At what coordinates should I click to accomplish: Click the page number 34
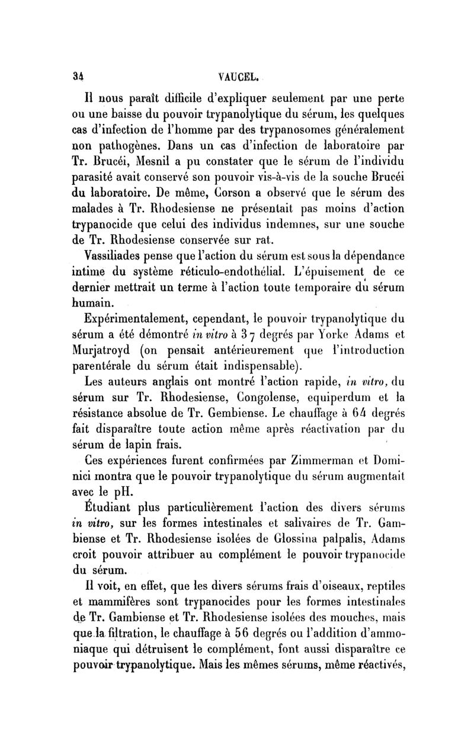pyautogui.click(x=72, y=76)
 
